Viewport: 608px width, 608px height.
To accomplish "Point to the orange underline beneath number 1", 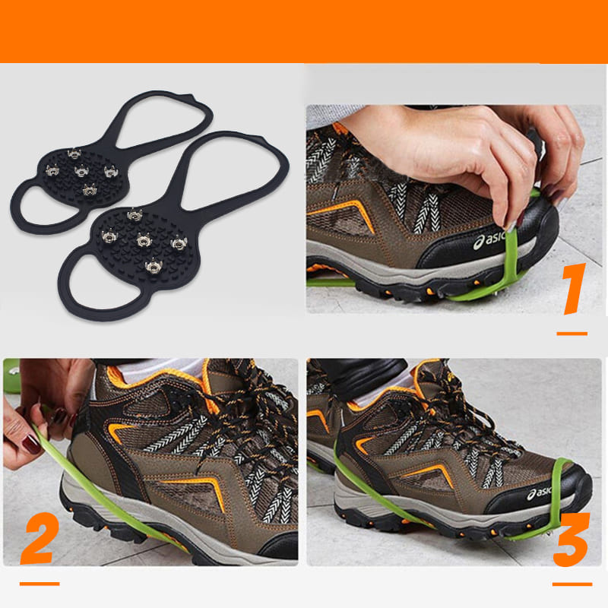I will click(572, 333).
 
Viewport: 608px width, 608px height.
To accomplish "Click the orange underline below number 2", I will click(39, 584).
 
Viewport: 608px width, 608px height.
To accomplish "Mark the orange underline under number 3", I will click(572, 584).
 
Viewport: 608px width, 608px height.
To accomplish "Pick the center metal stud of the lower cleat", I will click(142, 241).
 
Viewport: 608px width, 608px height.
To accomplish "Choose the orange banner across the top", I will click(304, 30).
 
